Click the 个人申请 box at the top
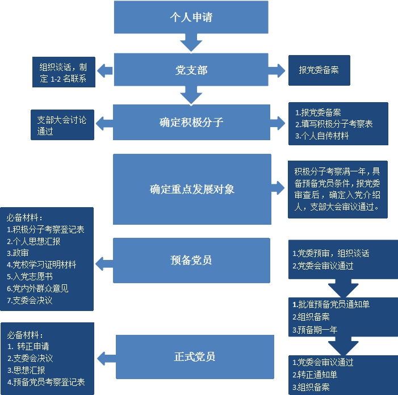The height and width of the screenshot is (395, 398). coord(191,17)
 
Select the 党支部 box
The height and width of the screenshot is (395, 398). coord(191,70)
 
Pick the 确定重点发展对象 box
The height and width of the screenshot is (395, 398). coord(191,189)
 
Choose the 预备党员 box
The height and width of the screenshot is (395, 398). coord(191,260)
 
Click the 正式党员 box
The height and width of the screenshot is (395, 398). coord(195,357)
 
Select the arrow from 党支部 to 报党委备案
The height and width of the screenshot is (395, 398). coord(277,70)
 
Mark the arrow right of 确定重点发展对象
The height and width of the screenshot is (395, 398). coord(278,189)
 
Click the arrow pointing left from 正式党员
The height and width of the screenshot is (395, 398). coord(105,358)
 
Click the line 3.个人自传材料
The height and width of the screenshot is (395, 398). coord(321,136)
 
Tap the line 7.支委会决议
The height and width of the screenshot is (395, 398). coord(30,300)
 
